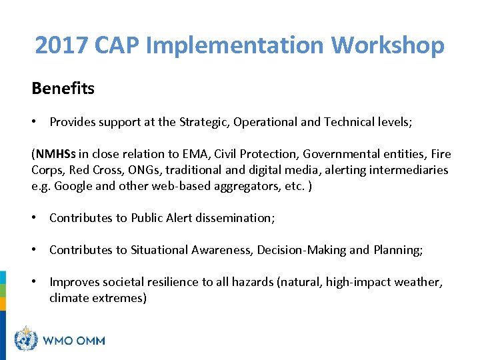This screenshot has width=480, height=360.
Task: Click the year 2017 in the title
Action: click(61, 46)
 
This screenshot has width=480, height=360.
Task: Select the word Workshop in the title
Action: click(387, 46)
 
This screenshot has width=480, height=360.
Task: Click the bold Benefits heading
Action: click(63, 88)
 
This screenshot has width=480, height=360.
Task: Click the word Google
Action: click(73, 186)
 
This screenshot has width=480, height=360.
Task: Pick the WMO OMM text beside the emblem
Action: click(73, 341)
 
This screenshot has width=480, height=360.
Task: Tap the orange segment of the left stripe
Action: click(3, 304)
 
